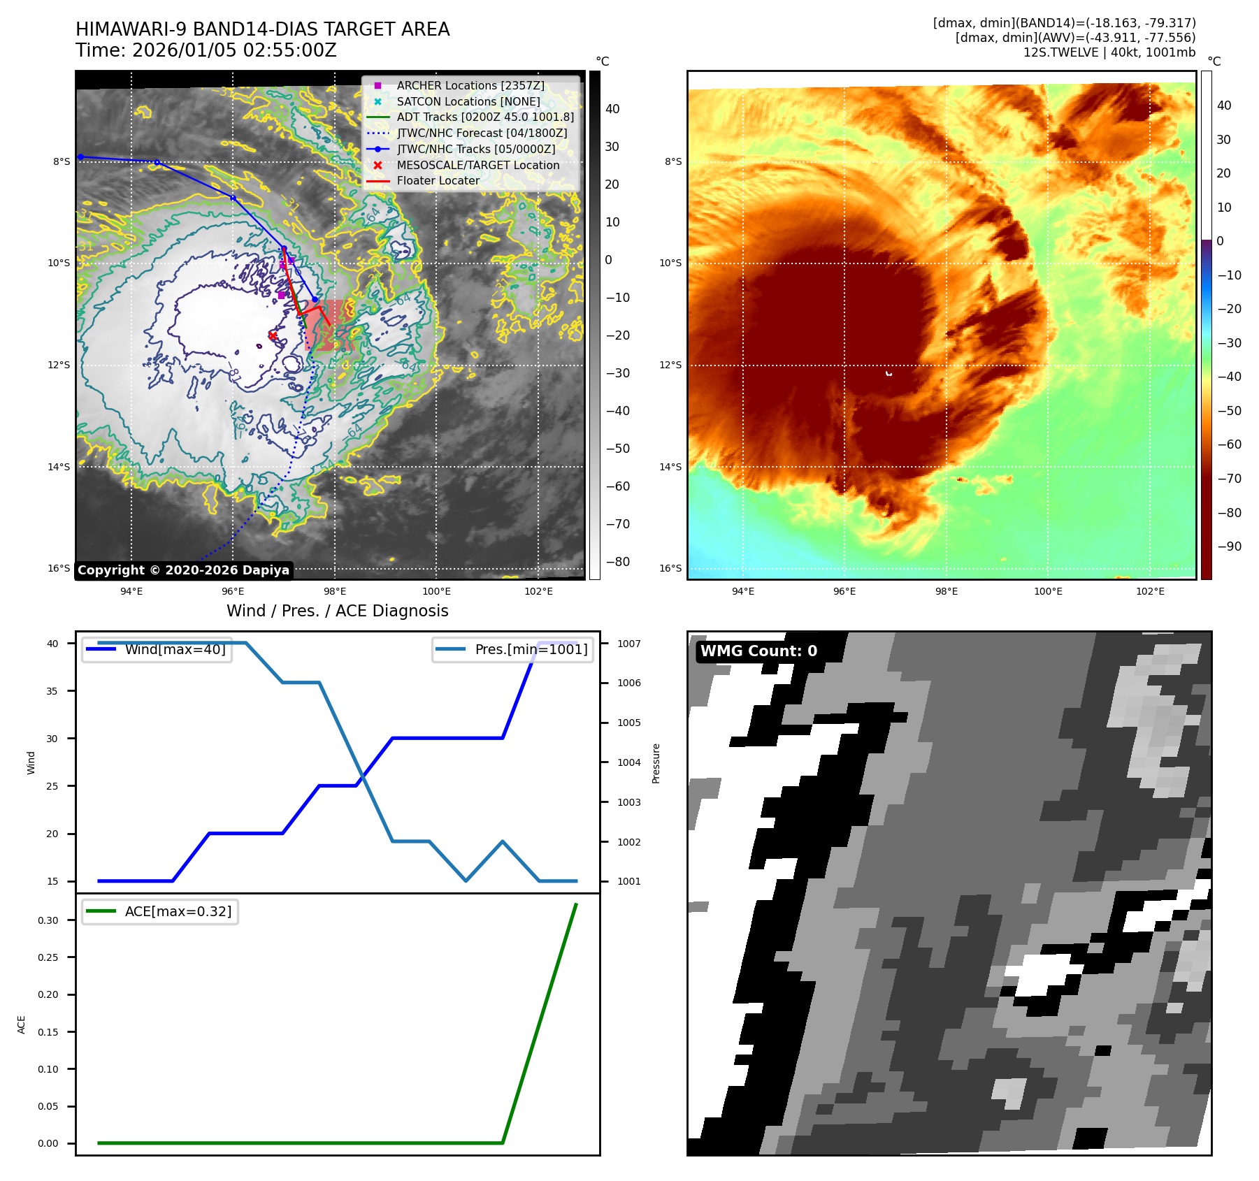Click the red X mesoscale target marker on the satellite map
273,335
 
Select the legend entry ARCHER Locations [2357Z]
470,85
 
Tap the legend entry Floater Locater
438,180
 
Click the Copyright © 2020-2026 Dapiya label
183,570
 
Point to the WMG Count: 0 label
758,651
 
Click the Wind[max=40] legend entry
175,649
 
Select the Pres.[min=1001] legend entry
531,649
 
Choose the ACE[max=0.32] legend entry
178,911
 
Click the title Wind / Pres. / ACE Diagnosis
337,611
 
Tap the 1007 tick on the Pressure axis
628,644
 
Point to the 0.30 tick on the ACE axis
48,920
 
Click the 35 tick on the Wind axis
52,691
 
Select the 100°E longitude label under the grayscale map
436,591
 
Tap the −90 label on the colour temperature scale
1229,546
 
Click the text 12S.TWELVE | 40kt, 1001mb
1109,52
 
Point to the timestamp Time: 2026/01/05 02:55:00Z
206,50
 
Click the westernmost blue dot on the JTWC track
81,157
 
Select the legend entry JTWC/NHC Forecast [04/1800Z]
482,133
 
